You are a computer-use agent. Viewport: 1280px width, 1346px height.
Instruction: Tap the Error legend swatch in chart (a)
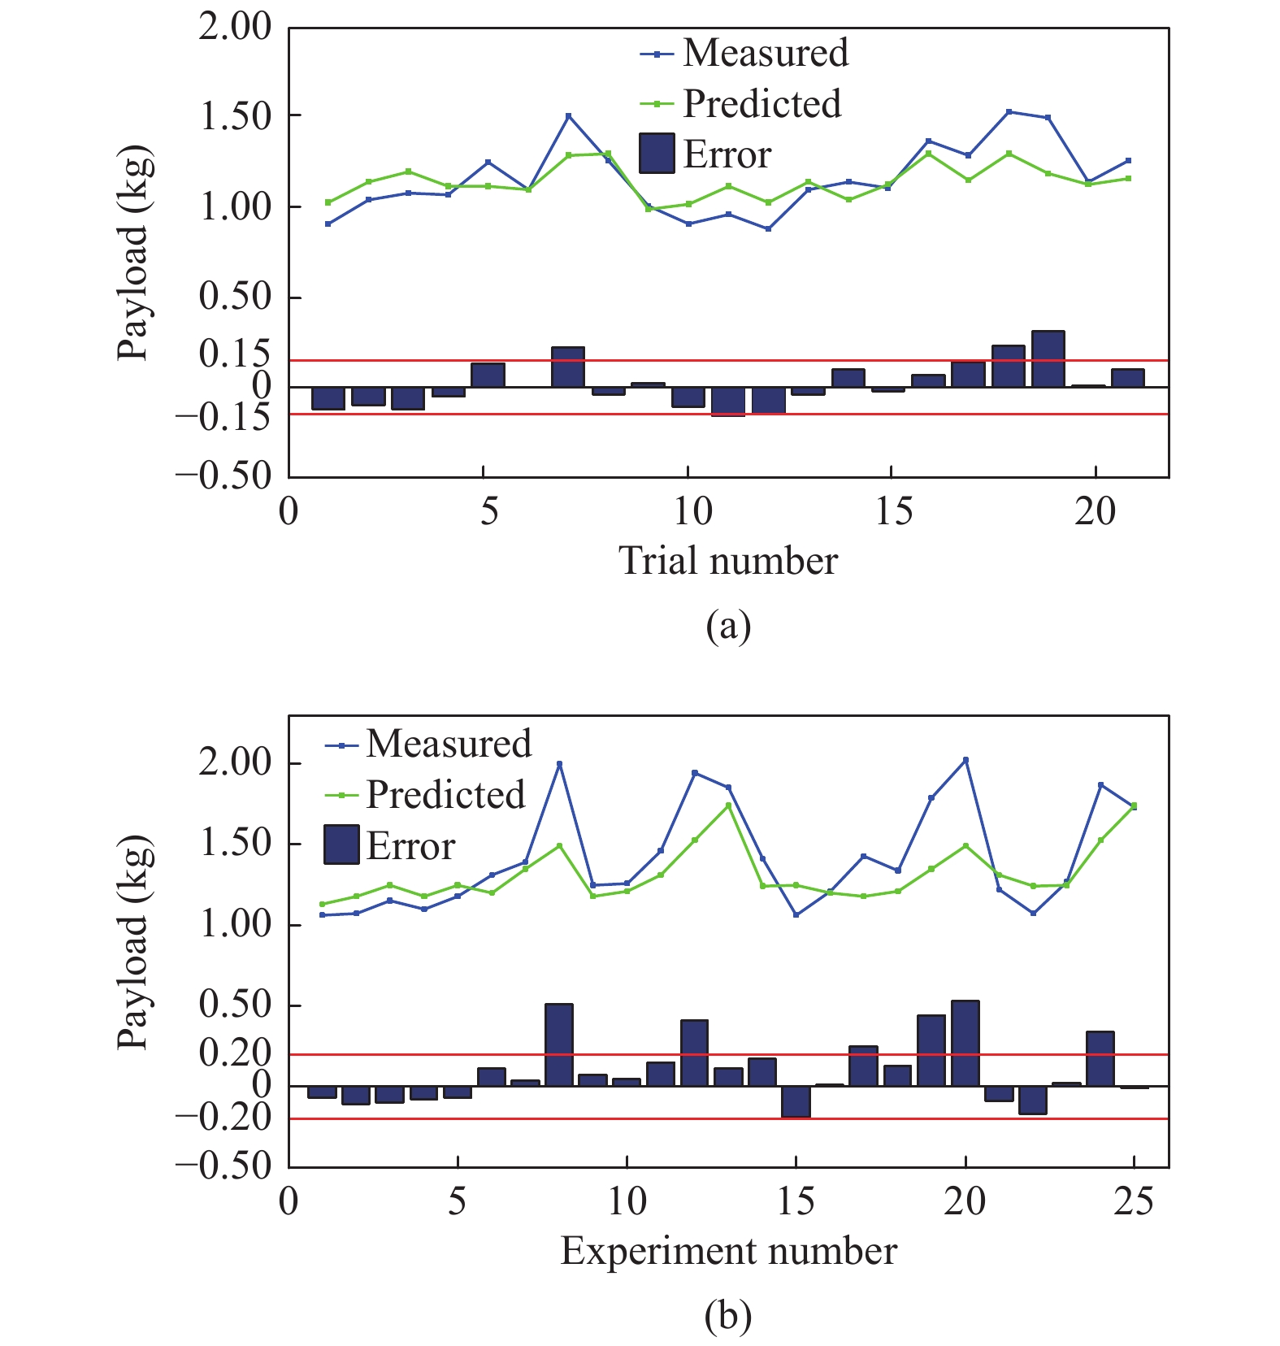(x=657, y=154)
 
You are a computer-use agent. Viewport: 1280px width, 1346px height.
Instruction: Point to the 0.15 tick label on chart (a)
(x=234, y=354)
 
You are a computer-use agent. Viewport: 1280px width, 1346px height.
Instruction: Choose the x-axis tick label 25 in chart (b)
(x=1134, y=1201)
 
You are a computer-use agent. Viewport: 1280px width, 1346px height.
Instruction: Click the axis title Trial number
(x=728, y=562)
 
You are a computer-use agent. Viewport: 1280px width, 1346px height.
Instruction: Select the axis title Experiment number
(x=728, y=1251)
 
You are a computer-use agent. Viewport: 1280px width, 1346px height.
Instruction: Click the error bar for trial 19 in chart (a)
(x=1048, y=359)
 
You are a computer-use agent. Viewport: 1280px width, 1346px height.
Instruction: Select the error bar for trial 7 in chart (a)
(x=568, y=367)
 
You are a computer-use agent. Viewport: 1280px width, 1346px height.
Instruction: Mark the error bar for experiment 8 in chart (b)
(x=559, y=1045)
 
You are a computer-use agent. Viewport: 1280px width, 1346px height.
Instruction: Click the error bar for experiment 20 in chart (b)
(x=965, y=1044)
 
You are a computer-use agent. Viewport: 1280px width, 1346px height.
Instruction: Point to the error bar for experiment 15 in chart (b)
(x=796, y=1101)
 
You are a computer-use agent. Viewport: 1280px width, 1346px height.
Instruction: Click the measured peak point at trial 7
(x=569, y=115)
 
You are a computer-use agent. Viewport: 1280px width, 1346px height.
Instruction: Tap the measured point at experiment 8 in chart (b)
(x=559, y=764)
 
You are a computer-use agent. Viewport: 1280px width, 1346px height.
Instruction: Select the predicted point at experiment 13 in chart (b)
(x=728, y=805)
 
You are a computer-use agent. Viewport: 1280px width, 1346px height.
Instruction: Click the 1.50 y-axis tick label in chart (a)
(x=235, y=117)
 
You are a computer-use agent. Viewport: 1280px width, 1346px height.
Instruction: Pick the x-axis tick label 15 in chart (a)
(x=893, y=512)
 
